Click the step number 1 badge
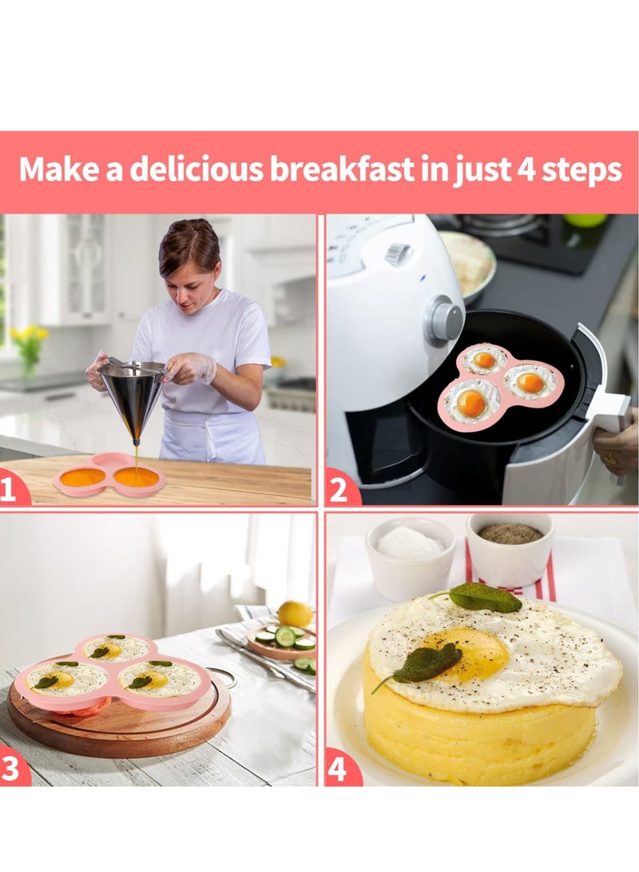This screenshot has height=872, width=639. (10, 488)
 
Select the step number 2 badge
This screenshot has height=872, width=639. (339, 488)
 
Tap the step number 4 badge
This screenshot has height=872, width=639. (339, 770)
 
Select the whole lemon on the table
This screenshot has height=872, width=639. (296, 614)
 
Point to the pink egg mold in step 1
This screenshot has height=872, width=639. (110, 477)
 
